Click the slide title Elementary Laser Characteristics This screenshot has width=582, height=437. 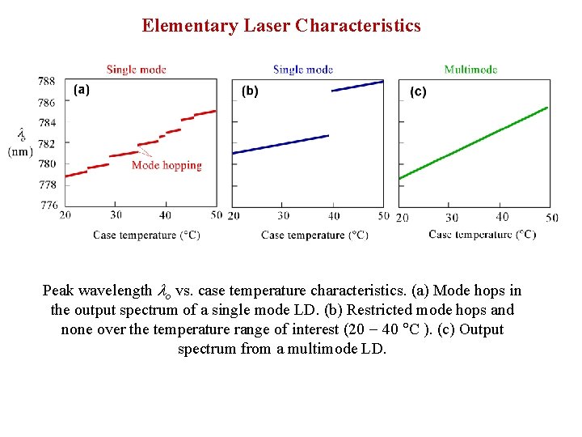(281, 26)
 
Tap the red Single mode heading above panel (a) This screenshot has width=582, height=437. (136, 70)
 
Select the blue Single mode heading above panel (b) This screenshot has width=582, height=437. (303, 70)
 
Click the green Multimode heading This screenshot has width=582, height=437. (470, 70)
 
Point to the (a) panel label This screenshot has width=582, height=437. (82, 90)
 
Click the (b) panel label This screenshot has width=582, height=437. (250, 91)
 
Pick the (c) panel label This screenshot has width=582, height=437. (418, 91)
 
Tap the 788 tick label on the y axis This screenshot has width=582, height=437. (47, 81)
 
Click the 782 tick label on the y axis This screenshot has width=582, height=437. (47, 143)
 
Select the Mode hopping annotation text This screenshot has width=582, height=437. (167, 165)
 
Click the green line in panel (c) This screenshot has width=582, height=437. (473, 143)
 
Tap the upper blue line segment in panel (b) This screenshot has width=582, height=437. (357, 86)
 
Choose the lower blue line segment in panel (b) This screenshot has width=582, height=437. (280, 144)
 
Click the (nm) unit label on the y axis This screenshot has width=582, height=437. (21, 151)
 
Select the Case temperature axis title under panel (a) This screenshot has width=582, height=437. (146, 235)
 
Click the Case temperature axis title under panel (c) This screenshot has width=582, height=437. (482, 235)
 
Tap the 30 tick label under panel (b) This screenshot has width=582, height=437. (283, 215)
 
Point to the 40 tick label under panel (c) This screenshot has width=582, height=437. (502, 217)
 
